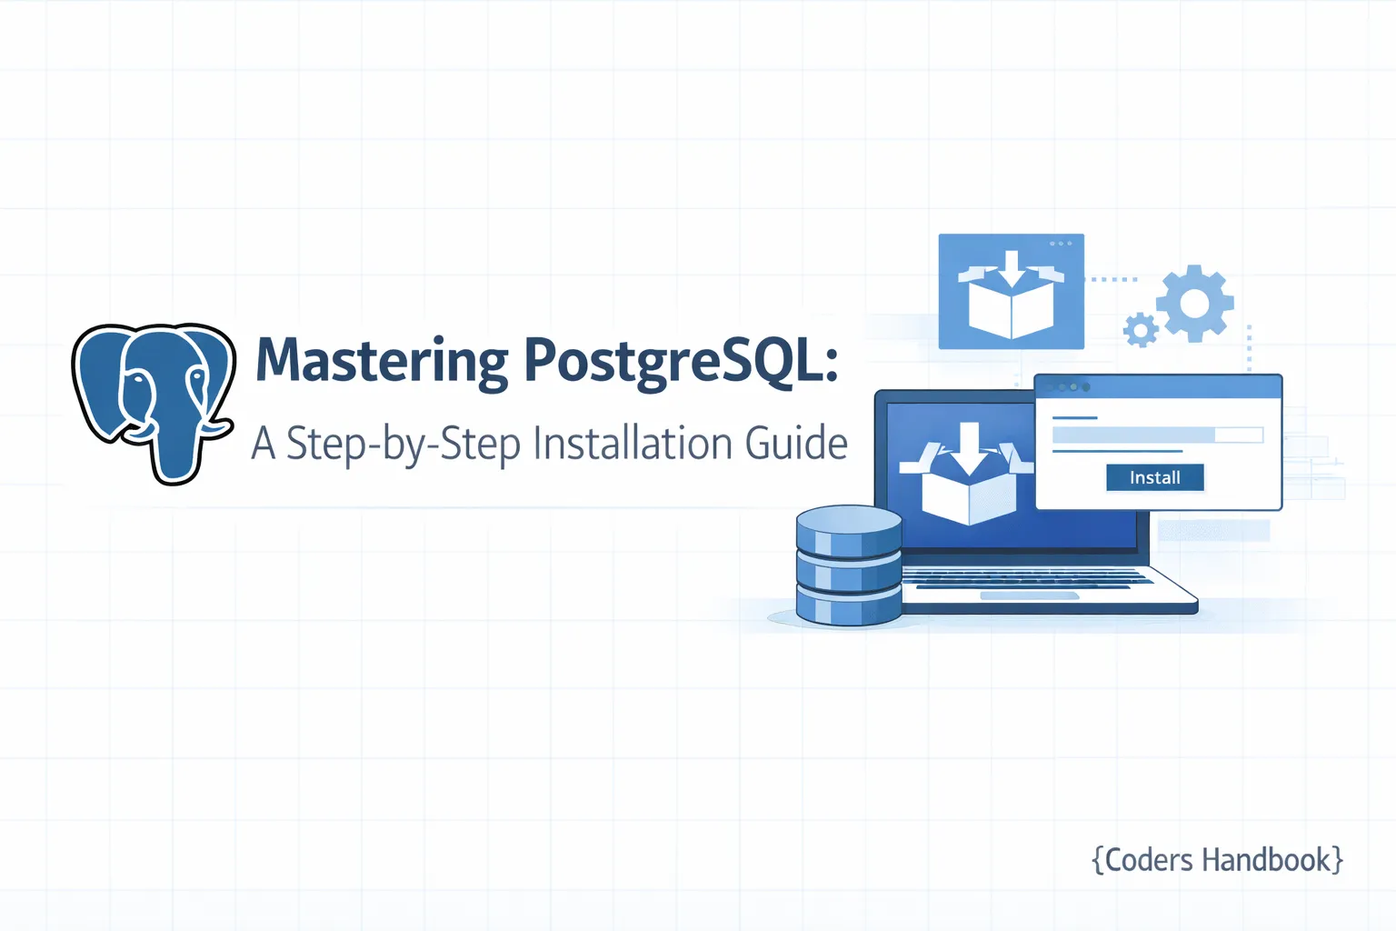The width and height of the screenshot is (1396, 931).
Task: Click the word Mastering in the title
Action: click(382, 361)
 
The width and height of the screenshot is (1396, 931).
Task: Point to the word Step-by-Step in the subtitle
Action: click(404, 444)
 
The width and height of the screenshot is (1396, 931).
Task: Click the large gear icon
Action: click(1195, 304)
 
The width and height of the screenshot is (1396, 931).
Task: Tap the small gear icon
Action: click(1141, 329)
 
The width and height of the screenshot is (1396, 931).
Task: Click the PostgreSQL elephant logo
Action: click(154, 403)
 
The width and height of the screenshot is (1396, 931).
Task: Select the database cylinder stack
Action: click(849, 565)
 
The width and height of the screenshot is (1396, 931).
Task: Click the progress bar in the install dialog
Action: click(1157, 435)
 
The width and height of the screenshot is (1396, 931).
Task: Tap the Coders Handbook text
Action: click(1217, 860)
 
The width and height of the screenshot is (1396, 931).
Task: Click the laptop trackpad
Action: click(1029, 596)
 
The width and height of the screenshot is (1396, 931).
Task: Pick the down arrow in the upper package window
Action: click(1012, 269)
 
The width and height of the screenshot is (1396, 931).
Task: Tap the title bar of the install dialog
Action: click(1158, 386)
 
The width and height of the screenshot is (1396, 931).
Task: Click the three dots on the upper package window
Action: click(1061, 243)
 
